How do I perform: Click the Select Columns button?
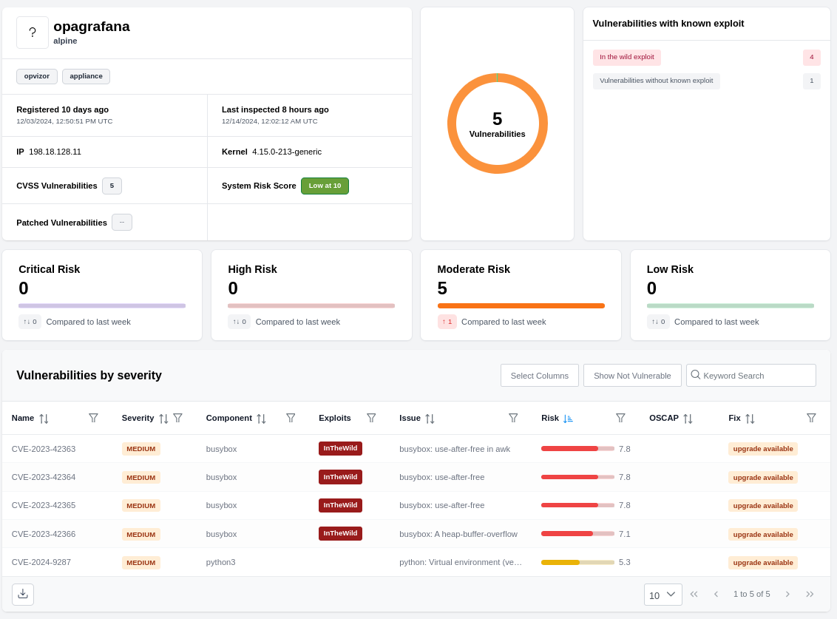click(539, 375)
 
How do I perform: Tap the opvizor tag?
click(36, 76)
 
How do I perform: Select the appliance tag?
click(86, 76)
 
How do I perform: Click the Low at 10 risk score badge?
click(325, 186)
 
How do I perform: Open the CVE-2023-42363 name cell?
click(44, 449)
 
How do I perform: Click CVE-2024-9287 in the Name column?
click(41, 562)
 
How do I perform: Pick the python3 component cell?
click(220, 562)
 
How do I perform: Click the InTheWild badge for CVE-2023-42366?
click(340, 533)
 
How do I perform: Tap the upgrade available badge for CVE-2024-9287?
click(762, 563)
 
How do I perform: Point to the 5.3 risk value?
click(624, 562)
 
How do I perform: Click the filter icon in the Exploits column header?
click(371, 418)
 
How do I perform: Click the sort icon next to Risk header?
click(568, 419)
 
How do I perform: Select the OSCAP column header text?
click(663, 418)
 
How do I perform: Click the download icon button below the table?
click(23, 594)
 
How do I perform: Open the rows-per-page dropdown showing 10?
click(663, 595)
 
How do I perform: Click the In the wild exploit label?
click(626, 57)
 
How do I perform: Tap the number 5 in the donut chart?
click(497, 119)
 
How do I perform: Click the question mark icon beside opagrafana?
click(33, 33)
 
